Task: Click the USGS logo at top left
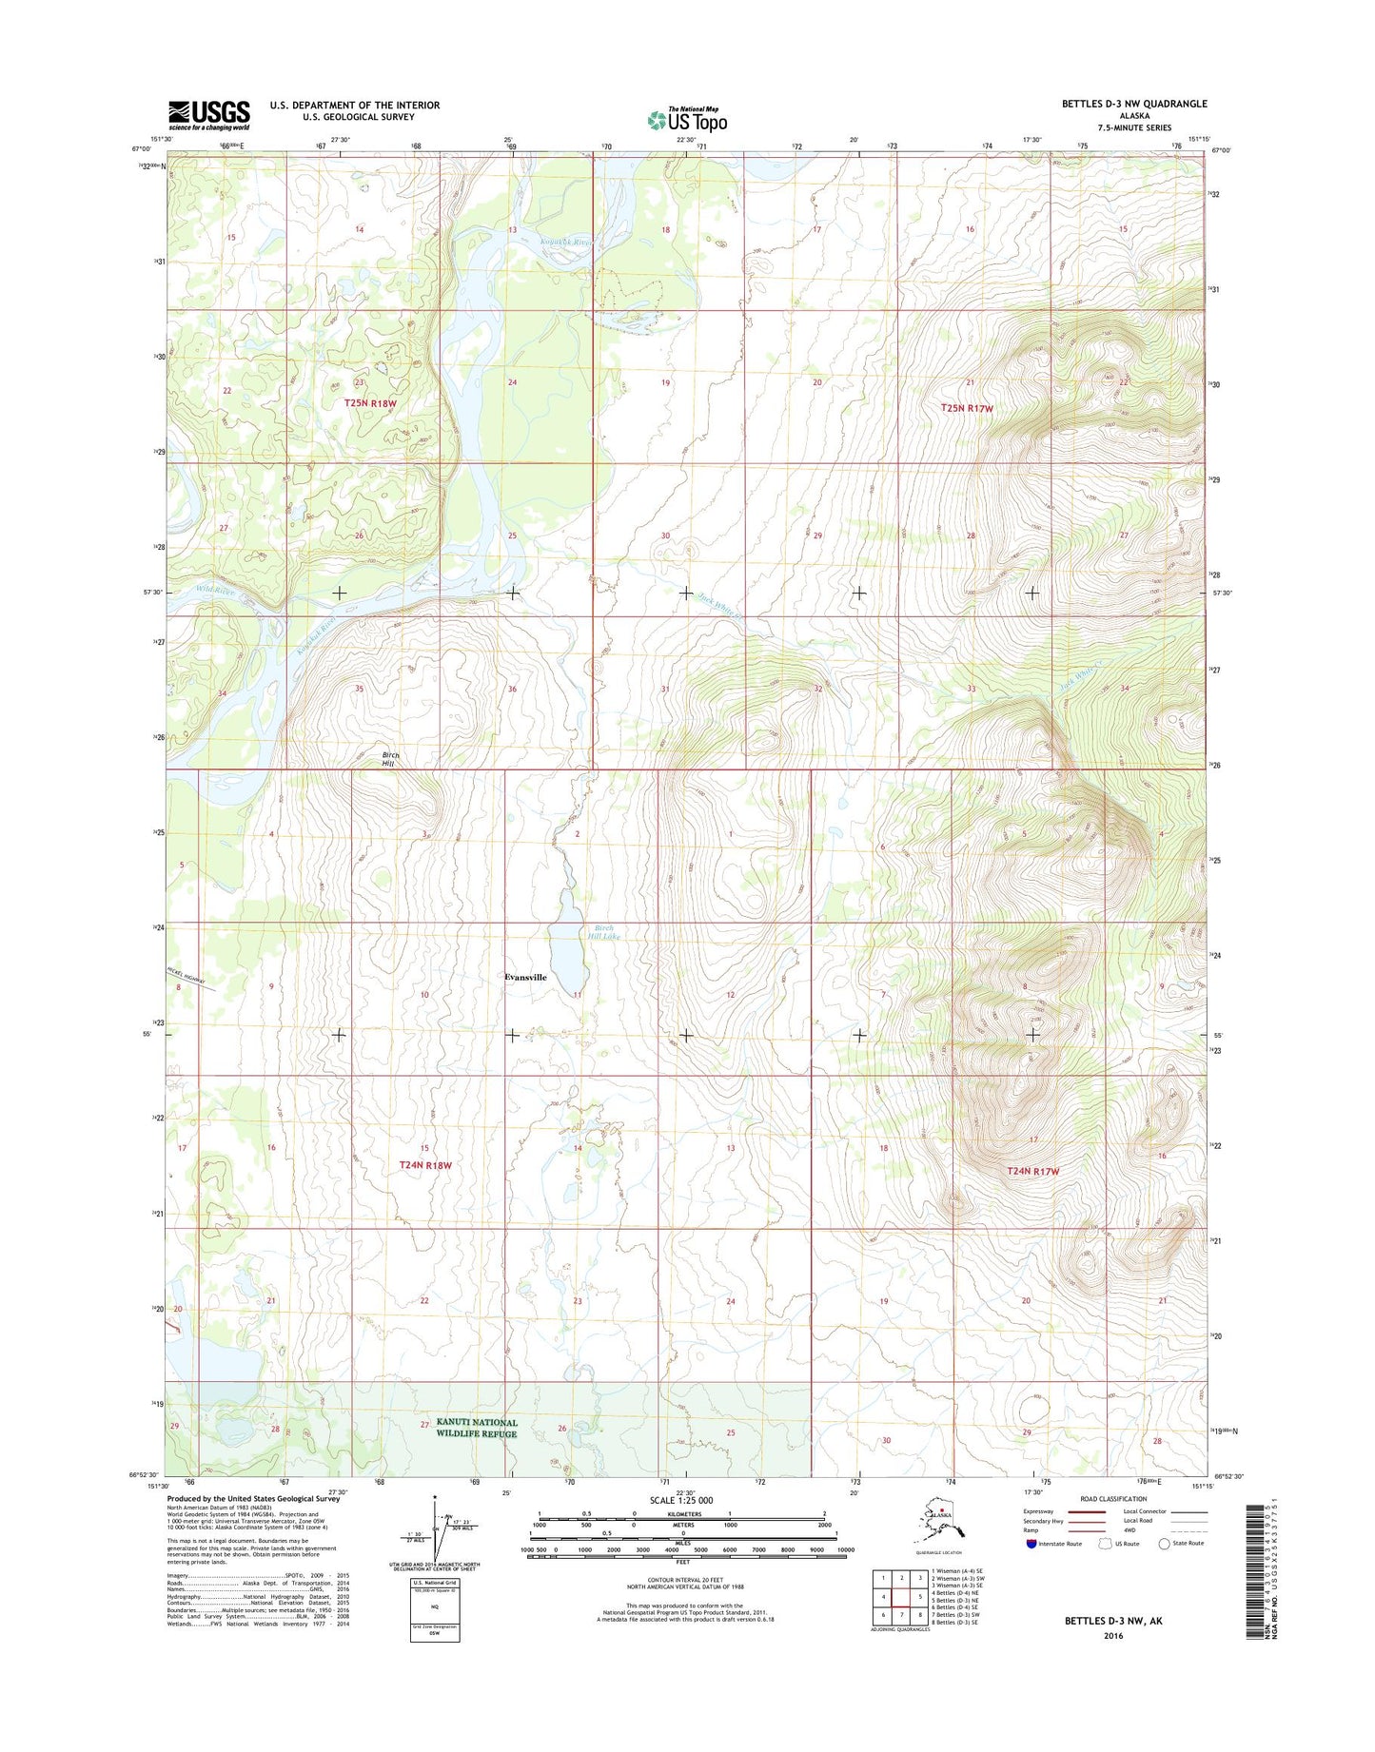pos(209,114)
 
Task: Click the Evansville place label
pos(526,977)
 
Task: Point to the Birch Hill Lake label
pos(602,932)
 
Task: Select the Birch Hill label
pos(390,759)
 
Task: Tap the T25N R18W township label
pos(370,403)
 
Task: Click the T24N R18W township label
pos(425,1164)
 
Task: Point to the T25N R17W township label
pos(967,408)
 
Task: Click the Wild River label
pos(215,591)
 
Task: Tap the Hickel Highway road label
pos(192,978)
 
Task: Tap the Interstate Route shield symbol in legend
pos(1031,1543)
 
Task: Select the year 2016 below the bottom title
pos(1113,1635)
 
